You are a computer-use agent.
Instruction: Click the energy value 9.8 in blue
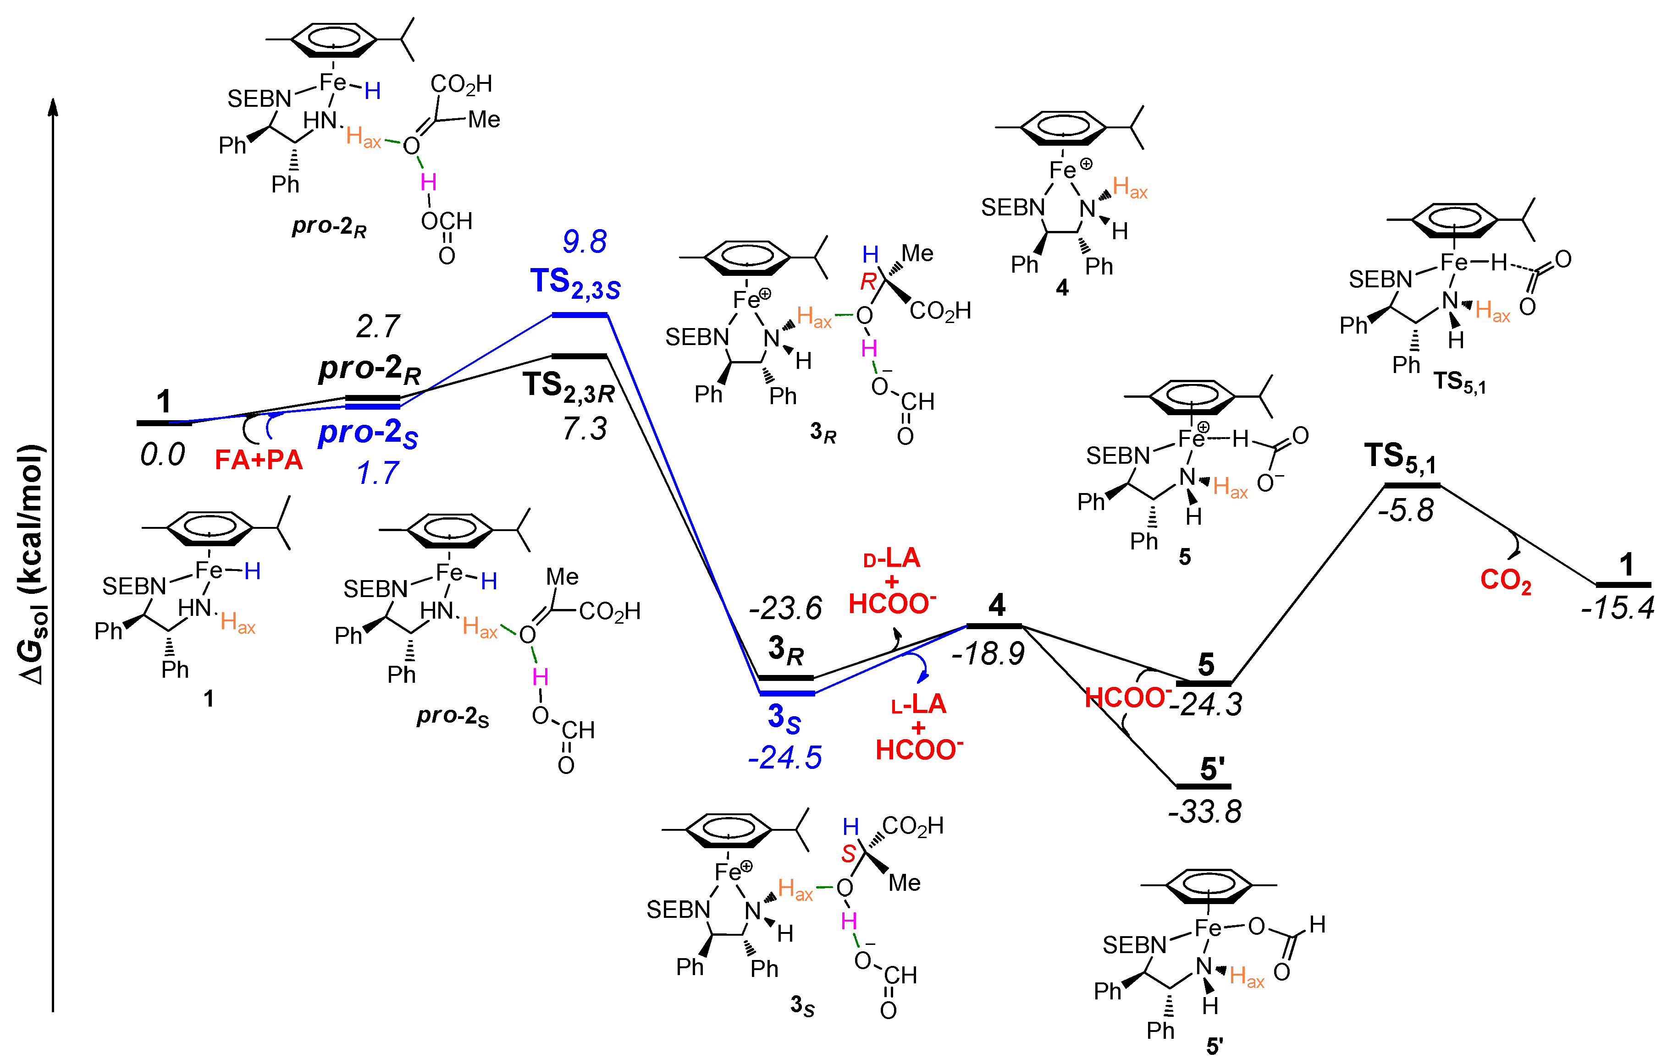584,241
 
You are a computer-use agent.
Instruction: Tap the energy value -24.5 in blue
784,757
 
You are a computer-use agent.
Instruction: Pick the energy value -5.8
1406,510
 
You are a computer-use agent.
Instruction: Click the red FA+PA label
259,460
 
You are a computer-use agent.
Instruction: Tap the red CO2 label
1505,580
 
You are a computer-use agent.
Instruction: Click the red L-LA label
918,704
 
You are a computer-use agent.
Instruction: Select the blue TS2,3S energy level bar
580,315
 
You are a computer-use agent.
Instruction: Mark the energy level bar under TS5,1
1412,485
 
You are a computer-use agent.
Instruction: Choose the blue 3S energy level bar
786,693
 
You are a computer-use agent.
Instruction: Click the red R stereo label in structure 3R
868,281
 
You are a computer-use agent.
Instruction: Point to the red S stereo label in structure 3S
848,854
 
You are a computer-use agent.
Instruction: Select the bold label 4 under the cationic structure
1061,287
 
